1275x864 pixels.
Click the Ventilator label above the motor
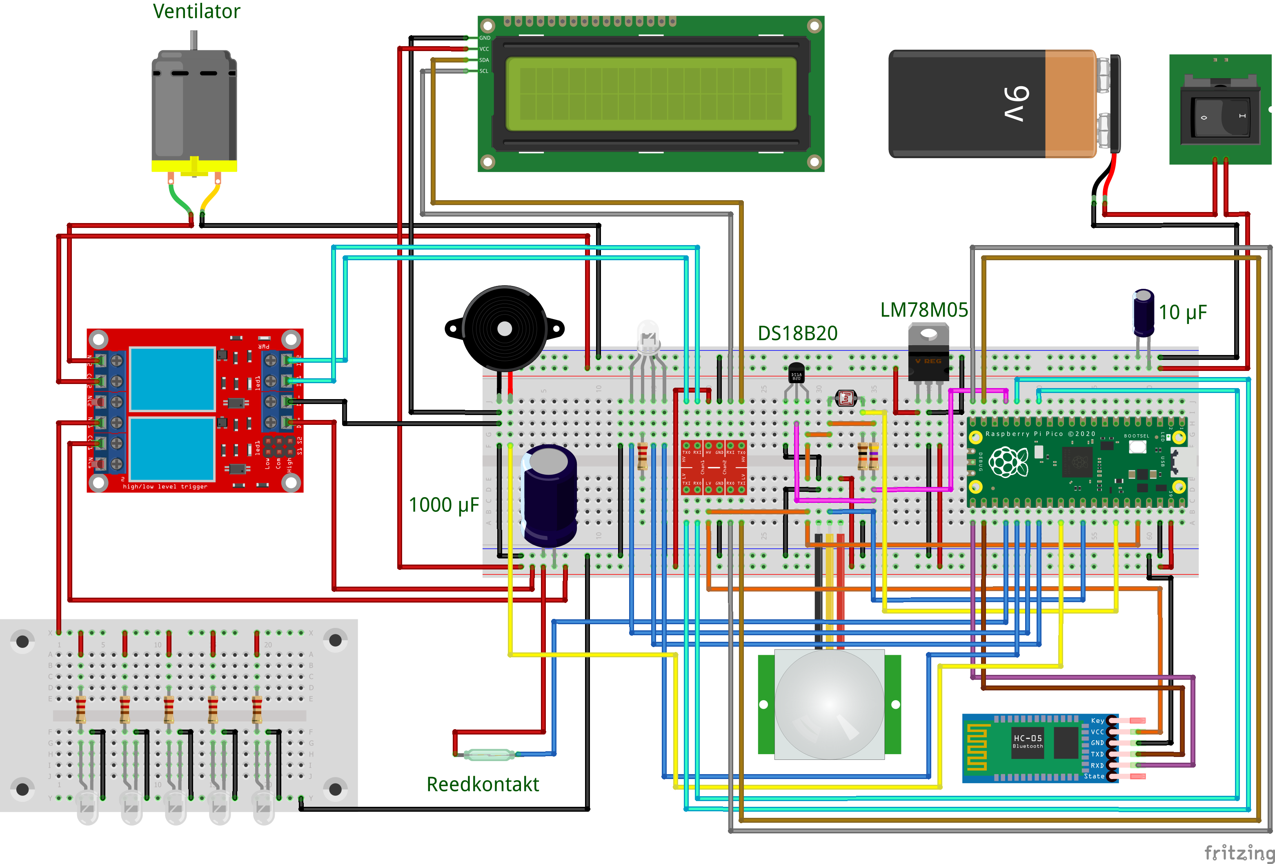[196, 11]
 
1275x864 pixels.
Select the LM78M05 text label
[924, 310]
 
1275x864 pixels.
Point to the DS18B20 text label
[797, 333]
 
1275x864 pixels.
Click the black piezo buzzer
[504, 328]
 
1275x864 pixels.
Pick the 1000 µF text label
[443, 505]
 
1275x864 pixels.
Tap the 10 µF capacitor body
[1143, 314]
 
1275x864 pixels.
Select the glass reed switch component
[489, 755]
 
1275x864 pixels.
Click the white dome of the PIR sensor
[829, 704]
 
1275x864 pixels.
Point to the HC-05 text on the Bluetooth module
[1028, 738]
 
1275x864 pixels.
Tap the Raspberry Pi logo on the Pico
[1008, 462]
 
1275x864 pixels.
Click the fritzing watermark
[1239, 853]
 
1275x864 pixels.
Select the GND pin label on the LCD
[485, 38]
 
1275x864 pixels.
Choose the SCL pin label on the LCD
[484, 71]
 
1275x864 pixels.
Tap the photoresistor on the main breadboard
[846, 398]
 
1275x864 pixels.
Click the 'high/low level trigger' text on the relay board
[165, 487]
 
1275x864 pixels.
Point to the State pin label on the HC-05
[1094, 776]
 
